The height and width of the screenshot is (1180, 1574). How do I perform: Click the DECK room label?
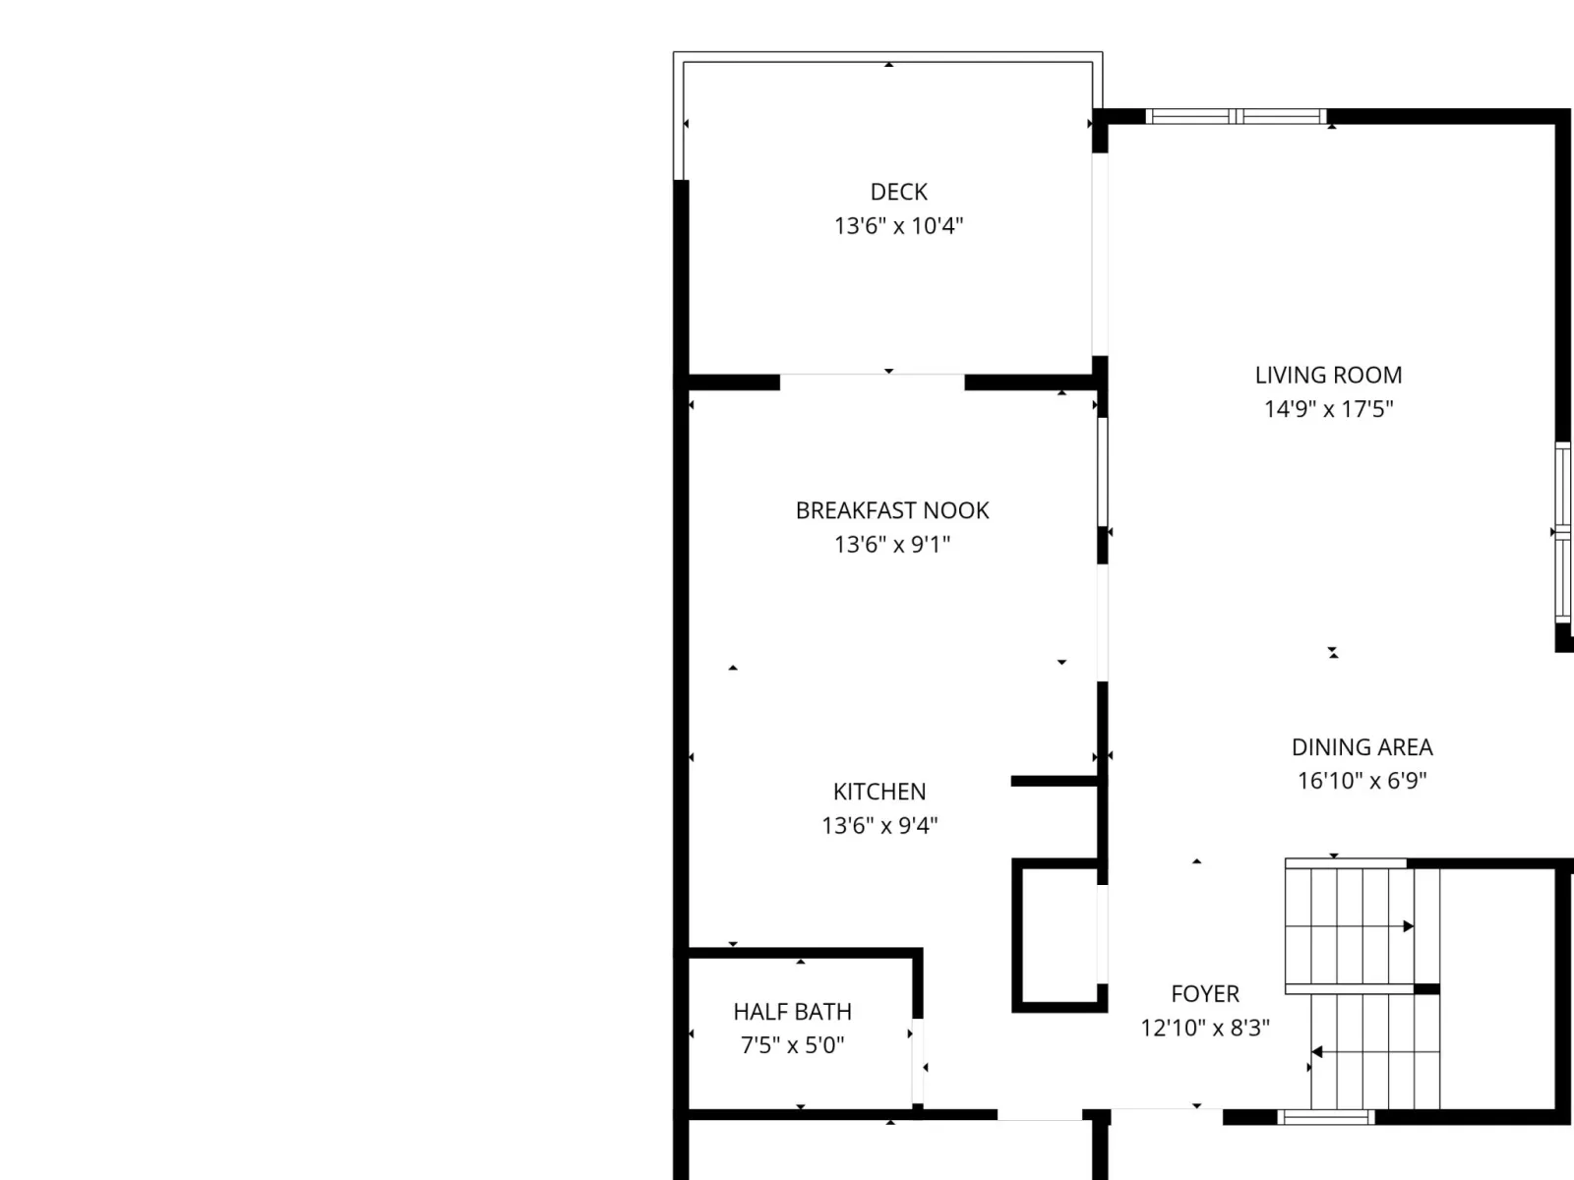898,192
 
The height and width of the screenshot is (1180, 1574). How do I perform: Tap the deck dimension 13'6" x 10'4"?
898,226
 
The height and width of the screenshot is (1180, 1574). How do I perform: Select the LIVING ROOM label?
1328,375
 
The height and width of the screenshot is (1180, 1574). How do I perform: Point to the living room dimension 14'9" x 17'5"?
1328,409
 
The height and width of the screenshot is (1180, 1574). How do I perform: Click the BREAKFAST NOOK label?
892,510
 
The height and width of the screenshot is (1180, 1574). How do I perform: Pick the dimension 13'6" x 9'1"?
892,545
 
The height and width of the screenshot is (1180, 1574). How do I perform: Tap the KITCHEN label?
879,792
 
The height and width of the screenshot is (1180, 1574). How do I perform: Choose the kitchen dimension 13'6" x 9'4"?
879,826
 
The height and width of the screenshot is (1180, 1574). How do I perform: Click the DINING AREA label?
1362,747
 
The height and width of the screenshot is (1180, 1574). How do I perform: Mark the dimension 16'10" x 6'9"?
1362,780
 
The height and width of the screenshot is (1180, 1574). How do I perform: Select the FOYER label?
1205,994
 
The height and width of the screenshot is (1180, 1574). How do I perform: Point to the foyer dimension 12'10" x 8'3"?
1205,1029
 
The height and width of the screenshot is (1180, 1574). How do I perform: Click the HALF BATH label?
792,1012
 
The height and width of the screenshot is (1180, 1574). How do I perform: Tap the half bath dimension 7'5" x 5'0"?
792,1045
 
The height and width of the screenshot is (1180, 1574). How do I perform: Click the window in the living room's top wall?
1236,116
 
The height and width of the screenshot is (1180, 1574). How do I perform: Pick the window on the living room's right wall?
1562,532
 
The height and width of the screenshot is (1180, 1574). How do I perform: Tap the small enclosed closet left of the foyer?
1059,935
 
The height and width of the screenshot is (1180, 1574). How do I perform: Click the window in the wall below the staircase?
1326,1116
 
